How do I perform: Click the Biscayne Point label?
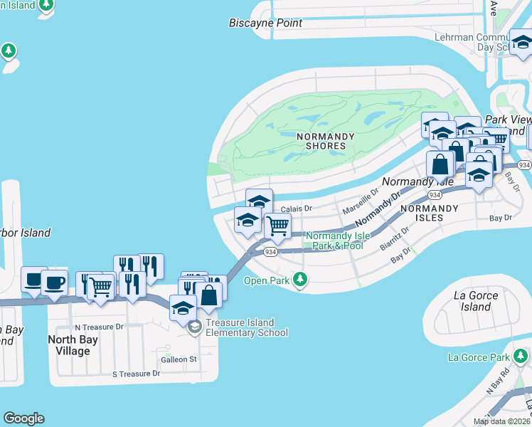pyautogui.click(x=265, y=23)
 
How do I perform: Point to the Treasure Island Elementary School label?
pyautogui.click(x=246, y=327)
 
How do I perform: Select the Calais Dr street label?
pyautogui.click(x=297, y=209)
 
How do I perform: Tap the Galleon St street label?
pyautogui.click(x=179, y=359)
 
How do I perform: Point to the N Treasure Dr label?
pyautogui.click(x=100, y=327)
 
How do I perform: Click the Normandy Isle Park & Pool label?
pyautogui.click(x=334, y=241)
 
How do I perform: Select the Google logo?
pyautogui.click(x=23, y=418)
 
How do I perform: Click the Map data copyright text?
pyautogui.click(x=501, y=421)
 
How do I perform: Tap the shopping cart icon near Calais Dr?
pyautogui.click(x=277, y=226)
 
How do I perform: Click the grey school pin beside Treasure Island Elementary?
pyautogui.click(x=194, y=327)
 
